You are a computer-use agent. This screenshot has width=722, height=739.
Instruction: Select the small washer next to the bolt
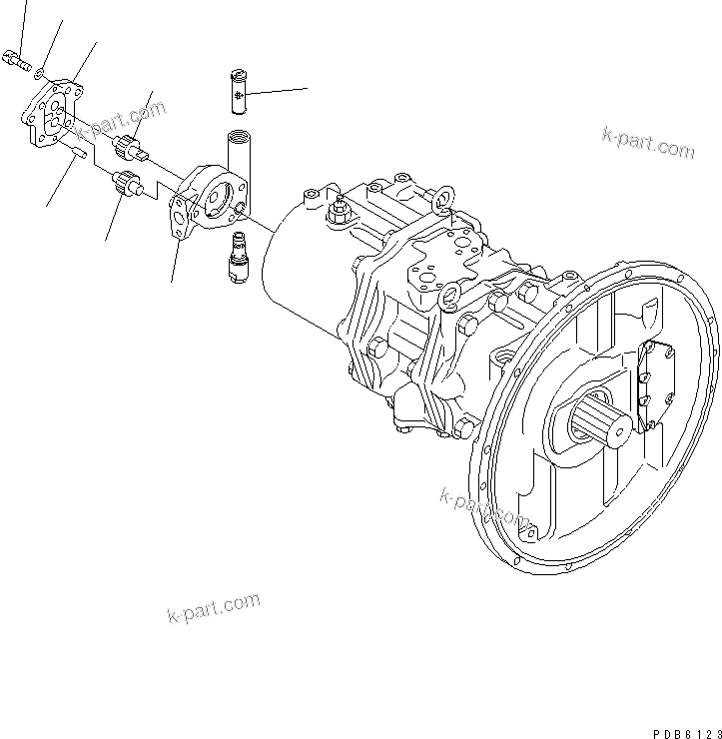click(38, 72)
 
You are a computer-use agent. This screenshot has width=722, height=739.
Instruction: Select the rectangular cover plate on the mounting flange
click(654, 384)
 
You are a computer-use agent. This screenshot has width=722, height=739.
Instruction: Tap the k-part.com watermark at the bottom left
click(212, 607)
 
